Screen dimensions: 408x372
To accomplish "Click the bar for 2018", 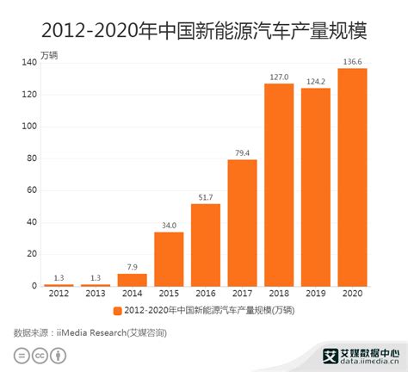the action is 279,185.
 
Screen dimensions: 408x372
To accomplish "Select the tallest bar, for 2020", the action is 352,177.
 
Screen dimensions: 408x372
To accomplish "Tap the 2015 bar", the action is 169,259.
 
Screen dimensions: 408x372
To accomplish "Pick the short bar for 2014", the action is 133,280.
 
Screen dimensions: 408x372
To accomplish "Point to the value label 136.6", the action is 352,62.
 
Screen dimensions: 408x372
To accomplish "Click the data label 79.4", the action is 242,153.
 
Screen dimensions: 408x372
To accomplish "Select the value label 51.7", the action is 206,197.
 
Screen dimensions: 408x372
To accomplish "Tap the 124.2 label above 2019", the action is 316,82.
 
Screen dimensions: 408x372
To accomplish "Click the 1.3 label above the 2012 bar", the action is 59,278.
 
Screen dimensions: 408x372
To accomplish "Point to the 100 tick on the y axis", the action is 29,127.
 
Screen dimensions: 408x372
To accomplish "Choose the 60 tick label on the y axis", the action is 32,190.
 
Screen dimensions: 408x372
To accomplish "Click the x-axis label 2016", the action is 206,294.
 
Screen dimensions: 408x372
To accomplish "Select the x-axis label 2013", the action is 96,294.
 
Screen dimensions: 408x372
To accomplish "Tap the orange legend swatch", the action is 117,311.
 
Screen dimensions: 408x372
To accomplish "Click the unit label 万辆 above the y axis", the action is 49,55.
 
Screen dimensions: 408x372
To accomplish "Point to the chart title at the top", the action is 204,30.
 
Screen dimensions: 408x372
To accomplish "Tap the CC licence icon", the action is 40,356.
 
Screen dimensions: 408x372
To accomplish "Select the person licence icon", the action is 59,356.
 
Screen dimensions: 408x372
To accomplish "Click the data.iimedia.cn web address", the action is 369,361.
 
